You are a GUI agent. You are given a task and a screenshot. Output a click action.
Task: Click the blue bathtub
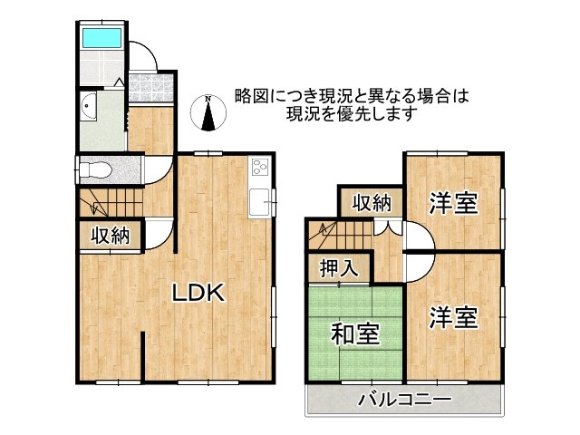(101, 37)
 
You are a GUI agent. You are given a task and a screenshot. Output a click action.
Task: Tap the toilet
(95, 170)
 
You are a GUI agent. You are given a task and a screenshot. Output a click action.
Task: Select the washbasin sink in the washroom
(89, 106)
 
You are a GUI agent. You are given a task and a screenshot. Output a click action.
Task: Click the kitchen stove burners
(260, 167)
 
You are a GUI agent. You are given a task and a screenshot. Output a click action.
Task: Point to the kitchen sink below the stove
(259, 202)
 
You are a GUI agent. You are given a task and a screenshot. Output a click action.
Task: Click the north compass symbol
(208, 112)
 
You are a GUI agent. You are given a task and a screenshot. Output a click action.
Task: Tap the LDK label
(198, 293)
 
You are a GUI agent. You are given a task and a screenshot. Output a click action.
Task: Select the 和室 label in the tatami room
(355, 333)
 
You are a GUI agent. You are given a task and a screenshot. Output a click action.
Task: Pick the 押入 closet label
(339, 268)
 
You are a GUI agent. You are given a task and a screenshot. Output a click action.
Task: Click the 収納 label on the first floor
(111, 236)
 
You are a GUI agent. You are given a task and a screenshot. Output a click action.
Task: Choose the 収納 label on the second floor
(372, 203)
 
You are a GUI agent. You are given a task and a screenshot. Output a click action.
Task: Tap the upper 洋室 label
(454, 203)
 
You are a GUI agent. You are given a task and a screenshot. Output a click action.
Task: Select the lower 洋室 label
(454, 317)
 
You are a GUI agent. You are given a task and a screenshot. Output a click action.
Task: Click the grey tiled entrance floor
(151, 88)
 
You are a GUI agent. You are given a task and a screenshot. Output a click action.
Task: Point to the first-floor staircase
(111, 202)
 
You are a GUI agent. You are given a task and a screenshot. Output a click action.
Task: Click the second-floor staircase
(341, 235)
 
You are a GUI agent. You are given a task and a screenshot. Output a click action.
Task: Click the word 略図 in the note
(247, 97)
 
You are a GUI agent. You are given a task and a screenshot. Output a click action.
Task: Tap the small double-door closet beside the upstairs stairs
(387, 227)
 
